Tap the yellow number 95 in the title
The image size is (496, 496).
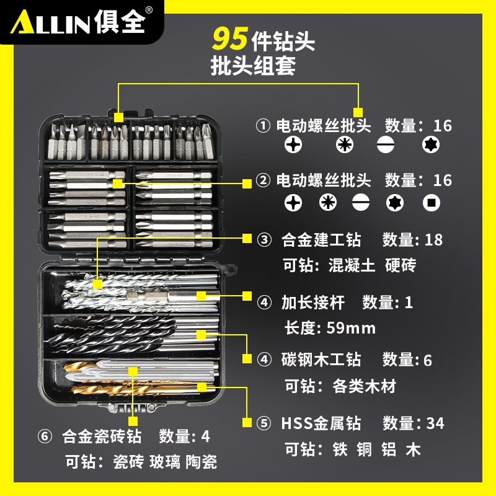(231, 39)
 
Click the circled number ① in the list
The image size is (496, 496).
(263, 126)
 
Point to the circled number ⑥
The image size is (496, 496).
(44, 436)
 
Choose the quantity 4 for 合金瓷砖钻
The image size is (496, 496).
(206, 436)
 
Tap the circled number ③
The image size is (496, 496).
(264, 239)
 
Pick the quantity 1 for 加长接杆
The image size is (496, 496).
(408, 303)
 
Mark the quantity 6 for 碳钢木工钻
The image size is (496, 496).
(428, 359)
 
